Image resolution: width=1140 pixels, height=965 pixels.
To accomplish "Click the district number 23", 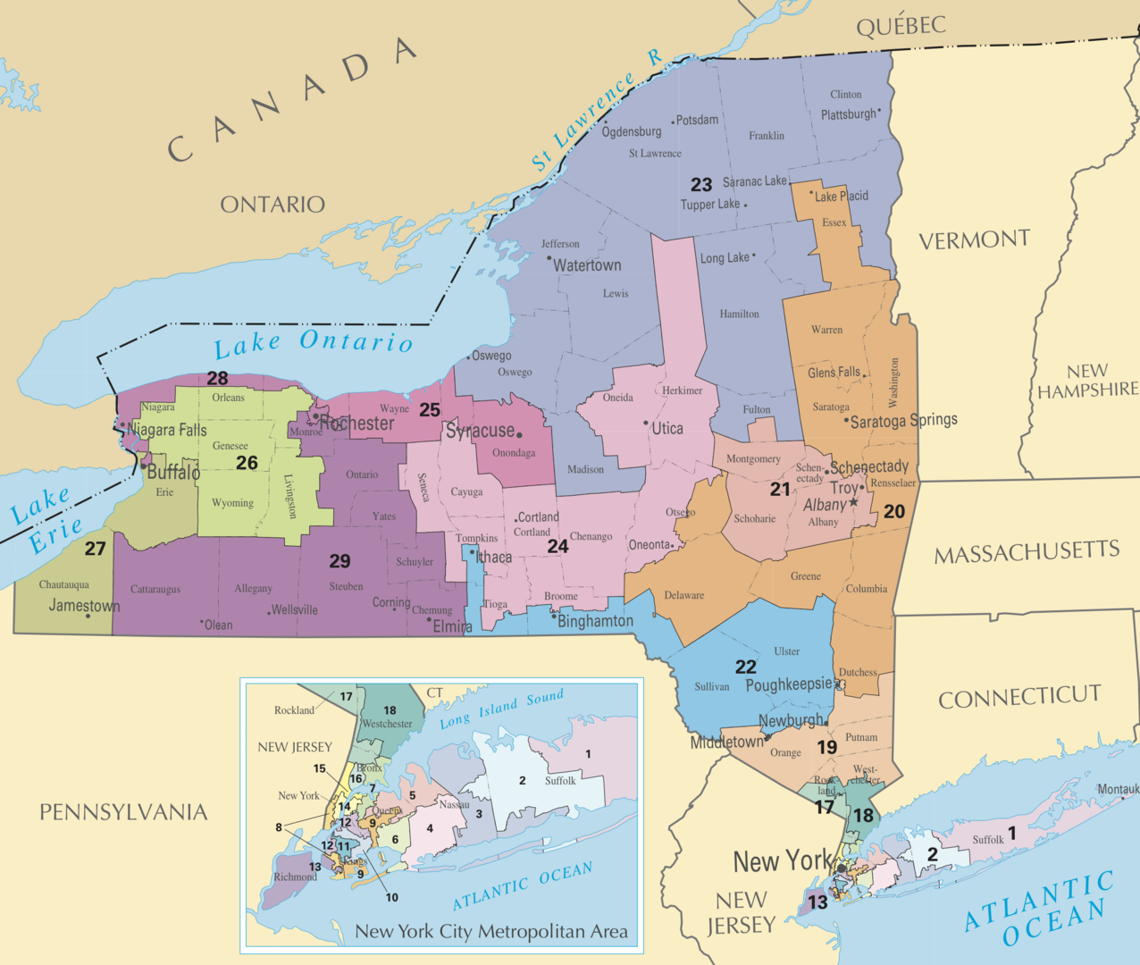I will click(x=701, y=185).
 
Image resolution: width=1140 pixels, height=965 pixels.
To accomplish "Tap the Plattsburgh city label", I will click(x=849, y=114).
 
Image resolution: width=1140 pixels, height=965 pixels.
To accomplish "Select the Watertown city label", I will click(x=587, y=265).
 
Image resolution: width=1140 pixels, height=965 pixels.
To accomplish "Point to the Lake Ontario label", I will click(x=313, y=342).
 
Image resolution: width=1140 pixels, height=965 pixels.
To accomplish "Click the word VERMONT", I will click(x=974, y=240).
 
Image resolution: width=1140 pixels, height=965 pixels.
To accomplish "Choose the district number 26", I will click(x=247, y=463).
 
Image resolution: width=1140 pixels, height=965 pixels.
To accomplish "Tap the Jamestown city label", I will click(x=84, y=605).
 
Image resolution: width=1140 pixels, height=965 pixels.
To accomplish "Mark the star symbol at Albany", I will click(x=854, y=503).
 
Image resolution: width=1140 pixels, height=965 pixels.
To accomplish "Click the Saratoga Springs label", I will click(x=903, y=420).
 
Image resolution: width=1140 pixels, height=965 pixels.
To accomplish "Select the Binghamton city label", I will click(x=595, y=621).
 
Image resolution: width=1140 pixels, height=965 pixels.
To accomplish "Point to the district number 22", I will click(x=746, y=667).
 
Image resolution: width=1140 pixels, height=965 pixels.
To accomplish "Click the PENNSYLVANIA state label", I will click(x=123, y=812).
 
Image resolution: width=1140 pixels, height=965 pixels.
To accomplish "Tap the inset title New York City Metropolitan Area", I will click(x=491, y=931).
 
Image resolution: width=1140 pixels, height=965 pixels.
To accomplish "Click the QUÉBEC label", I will click(x=901, y=26).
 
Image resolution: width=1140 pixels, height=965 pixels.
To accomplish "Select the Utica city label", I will click(x=666, y=429).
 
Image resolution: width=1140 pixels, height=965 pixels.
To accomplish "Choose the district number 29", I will click(x=339, y=561).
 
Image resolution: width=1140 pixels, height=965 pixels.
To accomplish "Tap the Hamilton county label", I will click(x=740, y=314).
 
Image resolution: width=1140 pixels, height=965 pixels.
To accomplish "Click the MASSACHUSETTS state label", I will click(x=1027, y=552).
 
